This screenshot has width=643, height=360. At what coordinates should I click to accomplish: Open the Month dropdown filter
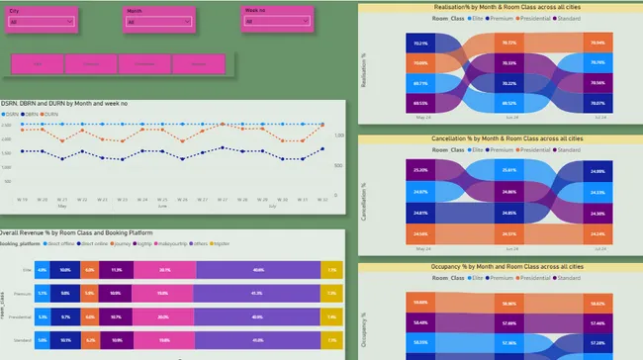tap(162, 21)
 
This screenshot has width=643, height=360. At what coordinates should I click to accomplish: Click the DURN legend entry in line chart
tap(48, 114)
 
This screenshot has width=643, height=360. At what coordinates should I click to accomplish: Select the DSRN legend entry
tap(9, 114)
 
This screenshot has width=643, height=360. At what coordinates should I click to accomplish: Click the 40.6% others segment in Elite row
tap(258, 270)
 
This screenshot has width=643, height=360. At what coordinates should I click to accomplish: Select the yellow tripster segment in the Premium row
tap(332, 293)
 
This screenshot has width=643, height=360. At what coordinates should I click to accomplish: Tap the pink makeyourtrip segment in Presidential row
tap(164, 316)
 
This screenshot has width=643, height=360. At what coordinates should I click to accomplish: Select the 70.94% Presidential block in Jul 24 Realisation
tap(597, 44)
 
